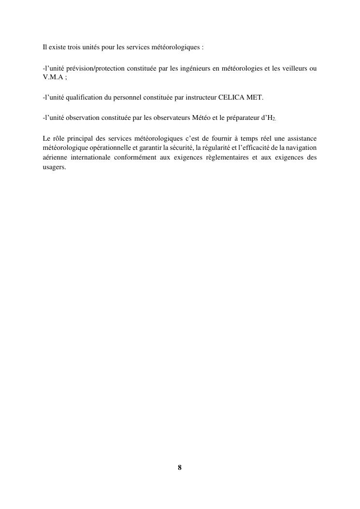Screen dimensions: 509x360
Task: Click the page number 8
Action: pos(180,467)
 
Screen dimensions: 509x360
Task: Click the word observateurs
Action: pos(167,118)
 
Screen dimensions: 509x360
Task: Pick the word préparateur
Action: pos(238,118)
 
